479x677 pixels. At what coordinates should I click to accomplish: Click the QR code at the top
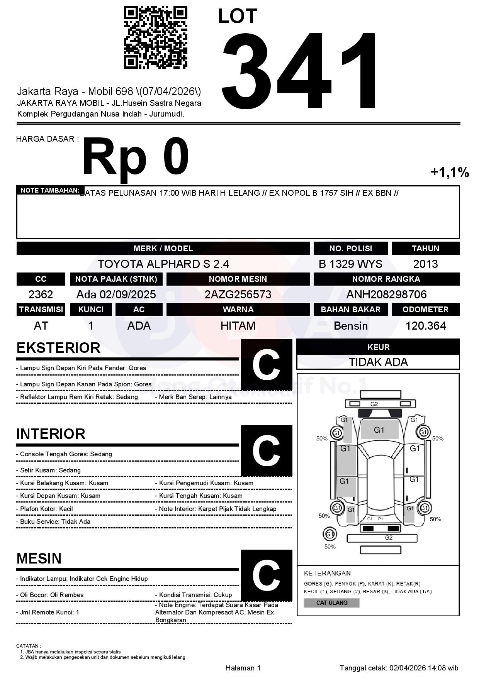155,37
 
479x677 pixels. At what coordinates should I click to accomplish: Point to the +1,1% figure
450,172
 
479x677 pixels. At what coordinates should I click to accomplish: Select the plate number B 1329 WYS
350,264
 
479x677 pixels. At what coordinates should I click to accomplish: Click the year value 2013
425,264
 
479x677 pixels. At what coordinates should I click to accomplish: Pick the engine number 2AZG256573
238,294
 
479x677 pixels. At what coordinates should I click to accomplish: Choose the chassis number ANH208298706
386,294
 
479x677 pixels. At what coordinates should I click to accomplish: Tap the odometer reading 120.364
425,326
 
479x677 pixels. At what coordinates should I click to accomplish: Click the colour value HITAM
238,326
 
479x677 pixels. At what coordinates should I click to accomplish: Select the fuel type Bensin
350,326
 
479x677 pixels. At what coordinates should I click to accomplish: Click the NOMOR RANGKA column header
386,279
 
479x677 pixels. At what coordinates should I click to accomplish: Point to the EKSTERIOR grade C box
266,365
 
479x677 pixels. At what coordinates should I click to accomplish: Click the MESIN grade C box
266,575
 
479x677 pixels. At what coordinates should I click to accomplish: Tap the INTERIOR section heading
51,434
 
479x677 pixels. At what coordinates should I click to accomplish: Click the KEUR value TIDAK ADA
378,362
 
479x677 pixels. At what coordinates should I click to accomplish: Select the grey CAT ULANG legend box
331,603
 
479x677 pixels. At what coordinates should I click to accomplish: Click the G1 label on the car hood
379,430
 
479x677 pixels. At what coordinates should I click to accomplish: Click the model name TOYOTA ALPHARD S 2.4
163,264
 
